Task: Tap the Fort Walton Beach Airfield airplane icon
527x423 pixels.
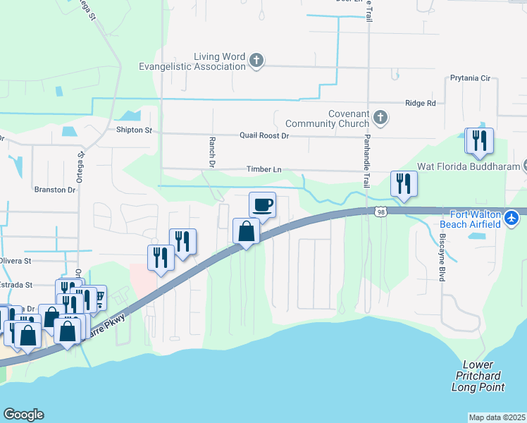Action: [x=512, y=219]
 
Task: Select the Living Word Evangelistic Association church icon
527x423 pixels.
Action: [x=257, y=61]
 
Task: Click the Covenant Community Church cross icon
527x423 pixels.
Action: [x=380, y=117]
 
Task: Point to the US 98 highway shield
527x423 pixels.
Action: [x=380, y=212]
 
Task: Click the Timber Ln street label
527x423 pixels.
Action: [x=263, y=169]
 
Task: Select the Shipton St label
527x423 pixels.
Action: [x=134, y=130]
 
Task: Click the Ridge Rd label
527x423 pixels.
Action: [x=421, y=103]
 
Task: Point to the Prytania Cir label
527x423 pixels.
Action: [x=470, y=78]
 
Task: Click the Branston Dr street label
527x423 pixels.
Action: [x=54, y=190]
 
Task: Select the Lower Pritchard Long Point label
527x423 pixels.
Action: [x=478, y=376]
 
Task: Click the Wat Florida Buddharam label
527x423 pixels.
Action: [x=469, y=167]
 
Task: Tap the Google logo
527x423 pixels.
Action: [x=23, y=415]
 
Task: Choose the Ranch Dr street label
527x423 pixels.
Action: [x=211, y=152]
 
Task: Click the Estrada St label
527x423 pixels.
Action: [x=16, y=285]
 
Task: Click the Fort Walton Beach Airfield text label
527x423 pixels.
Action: [x=476, y=219]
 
